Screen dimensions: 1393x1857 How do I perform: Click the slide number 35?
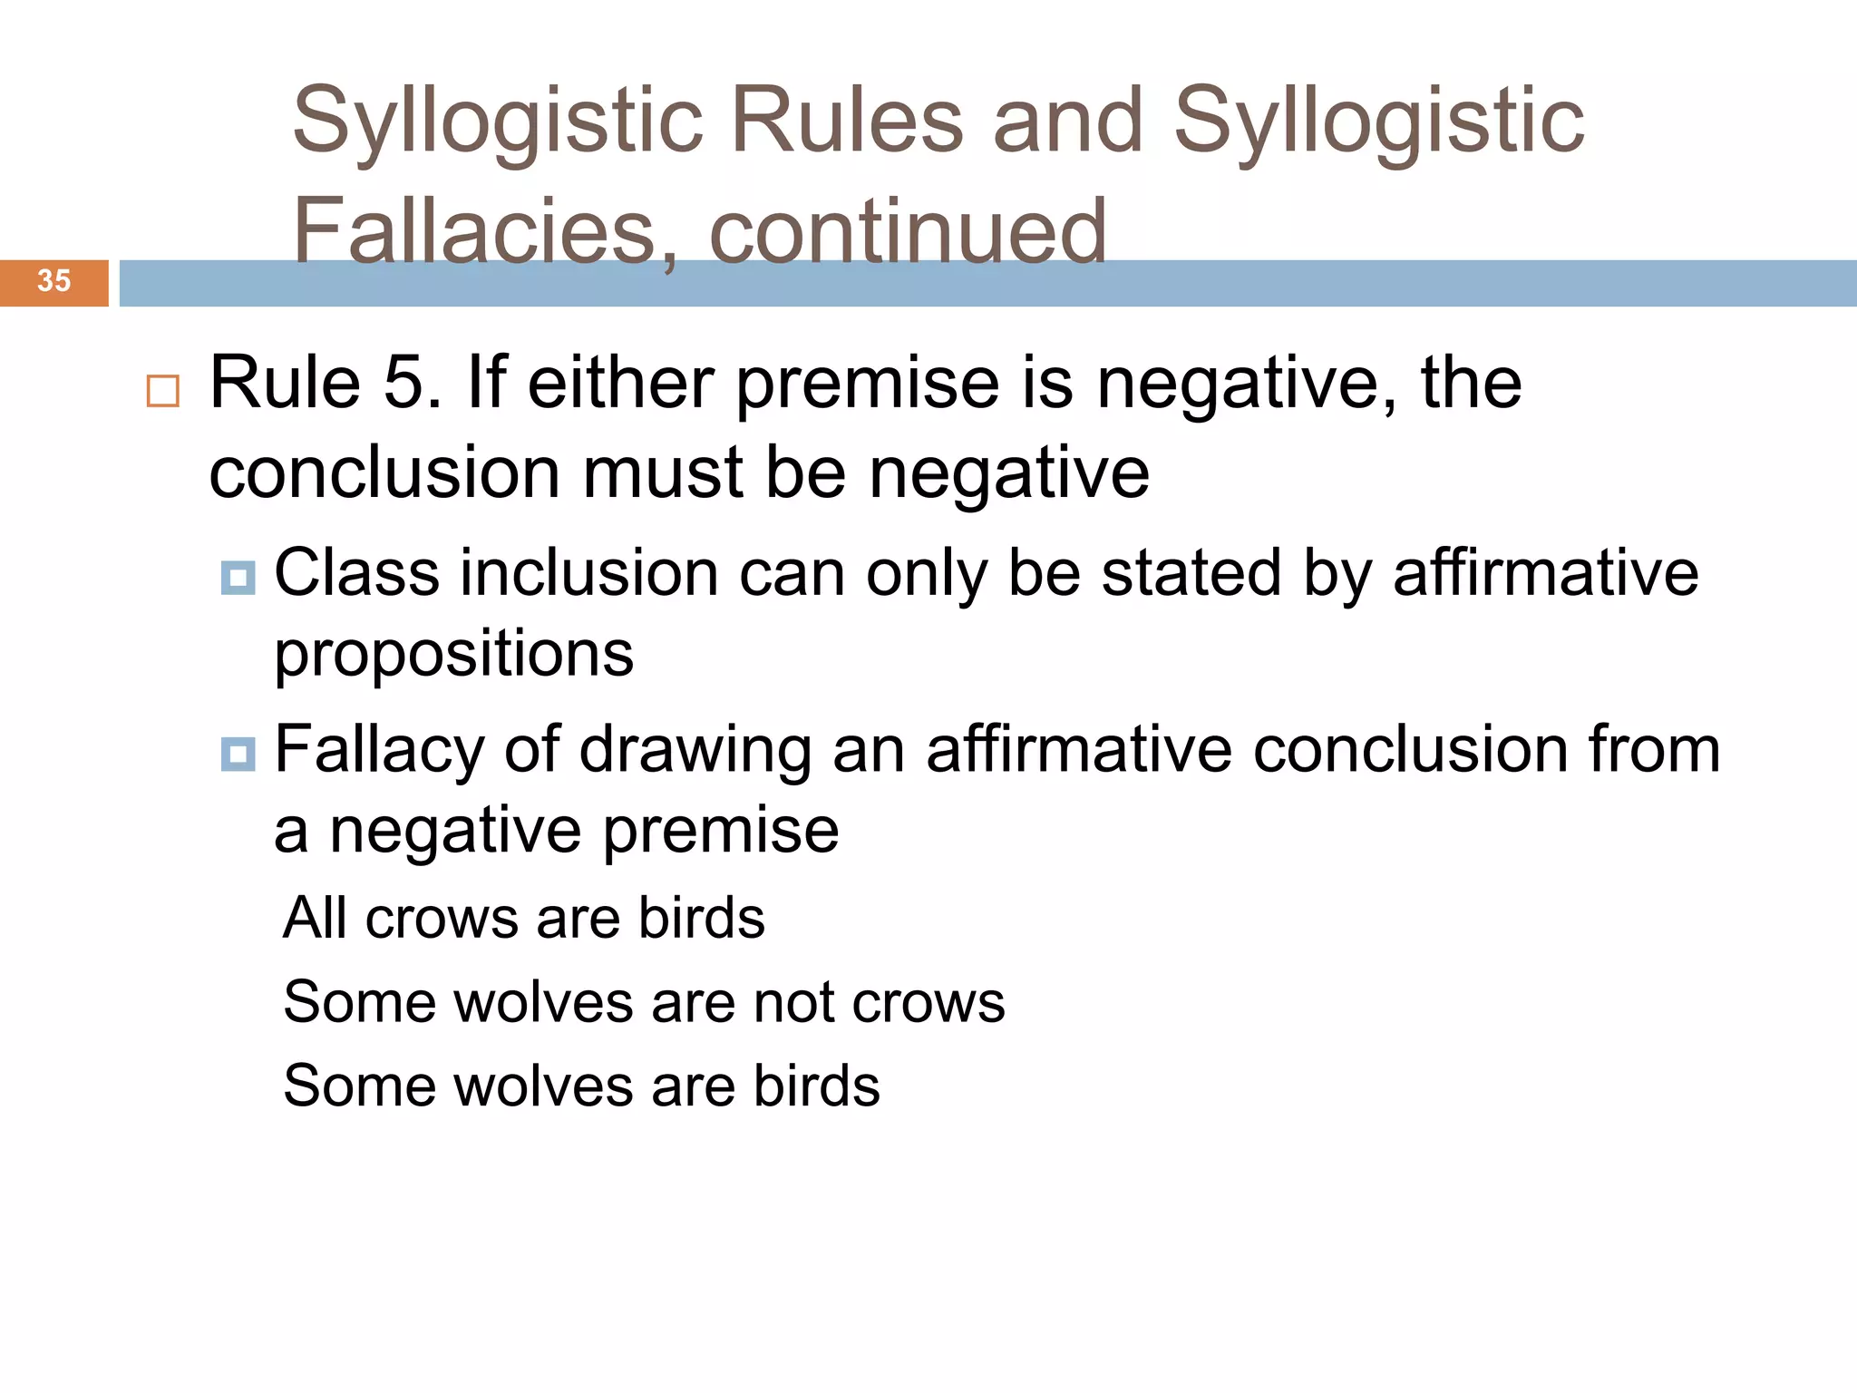(53, 281)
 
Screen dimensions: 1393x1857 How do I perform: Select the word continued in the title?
(908, 231)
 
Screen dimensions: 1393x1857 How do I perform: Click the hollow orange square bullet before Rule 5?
(163, 391)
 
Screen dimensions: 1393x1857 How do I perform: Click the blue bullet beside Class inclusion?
(238, 577)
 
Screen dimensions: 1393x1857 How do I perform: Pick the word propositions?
(453, 655)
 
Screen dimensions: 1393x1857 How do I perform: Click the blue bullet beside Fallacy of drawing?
(238, 754)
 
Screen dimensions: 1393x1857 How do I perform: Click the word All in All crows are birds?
(314, 918)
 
